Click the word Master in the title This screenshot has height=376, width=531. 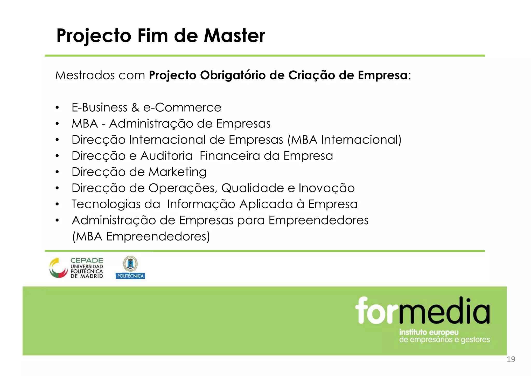point(234,36)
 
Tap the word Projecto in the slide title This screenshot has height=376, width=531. point(94,36)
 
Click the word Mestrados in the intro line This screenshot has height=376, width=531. point(85,75)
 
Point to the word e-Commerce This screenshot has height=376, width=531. point(182,107)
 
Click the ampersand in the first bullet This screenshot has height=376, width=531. point(135,107)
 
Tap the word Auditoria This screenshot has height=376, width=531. point(166,156)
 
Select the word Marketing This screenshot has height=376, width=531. point(178,172)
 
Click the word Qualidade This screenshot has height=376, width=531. point(253,188)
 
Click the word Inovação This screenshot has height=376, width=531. point(326,188)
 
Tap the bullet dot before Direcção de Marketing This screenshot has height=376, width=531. point(57,172)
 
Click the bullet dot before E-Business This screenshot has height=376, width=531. point(57,108)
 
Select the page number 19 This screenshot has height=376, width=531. point(511,359)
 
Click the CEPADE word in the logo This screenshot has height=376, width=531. point(87,260)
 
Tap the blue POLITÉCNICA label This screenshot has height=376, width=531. point(130,276)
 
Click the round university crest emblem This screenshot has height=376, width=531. point(130,264)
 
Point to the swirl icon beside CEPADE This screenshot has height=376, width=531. point(58,268)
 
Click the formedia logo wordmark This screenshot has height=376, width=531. point(422,311)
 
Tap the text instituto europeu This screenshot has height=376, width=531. point(429,332)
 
